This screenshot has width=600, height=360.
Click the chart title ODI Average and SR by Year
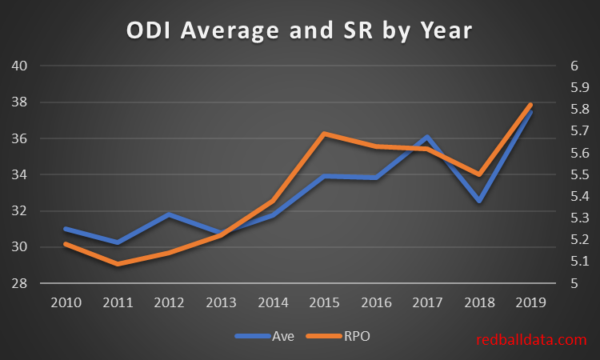[300, 31]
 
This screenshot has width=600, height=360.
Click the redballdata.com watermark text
[531, 340]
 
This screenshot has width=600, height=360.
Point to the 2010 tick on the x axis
[65, 304]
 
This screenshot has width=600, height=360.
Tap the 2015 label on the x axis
[324, 304]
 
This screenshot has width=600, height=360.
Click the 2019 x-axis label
[530, 304]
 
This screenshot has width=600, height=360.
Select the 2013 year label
[220, 304]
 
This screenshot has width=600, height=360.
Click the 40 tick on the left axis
[20, 66]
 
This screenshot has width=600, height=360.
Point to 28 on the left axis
[20, 283]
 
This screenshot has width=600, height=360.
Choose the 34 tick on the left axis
[20, 174]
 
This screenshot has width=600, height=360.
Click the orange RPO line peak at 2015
[324, 134]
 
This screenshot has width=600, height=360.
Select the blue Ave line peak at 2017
[427, 138]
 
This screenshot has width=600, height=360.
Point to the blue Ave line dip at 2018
[479, 201]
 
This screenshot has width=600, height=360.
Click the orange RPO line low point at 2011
[117, 263]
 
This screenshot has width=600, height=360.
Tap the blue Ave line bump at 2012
[168, 214]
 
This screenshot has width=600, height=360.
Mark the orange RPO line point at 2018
[479, 174]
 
